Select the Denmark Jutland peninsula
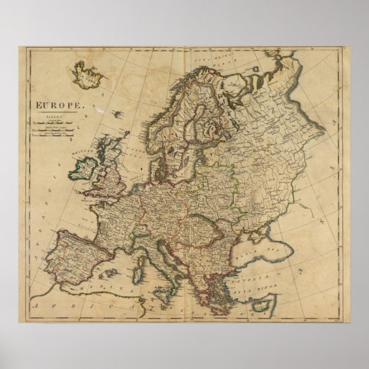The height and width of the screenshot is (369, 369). click(151, 165)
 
